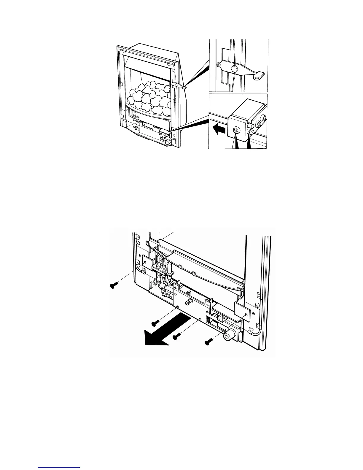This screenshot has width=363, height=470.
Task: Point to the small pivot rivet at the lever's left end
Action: (218, 65)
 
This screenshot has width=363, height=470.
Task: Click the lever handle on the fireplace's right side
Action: (179, 85)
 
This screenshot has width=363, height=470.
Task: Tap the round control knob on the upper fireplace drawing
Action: (168, 142)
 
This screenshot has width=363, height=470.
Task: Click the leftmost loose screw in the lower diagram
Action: (114, 285)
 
